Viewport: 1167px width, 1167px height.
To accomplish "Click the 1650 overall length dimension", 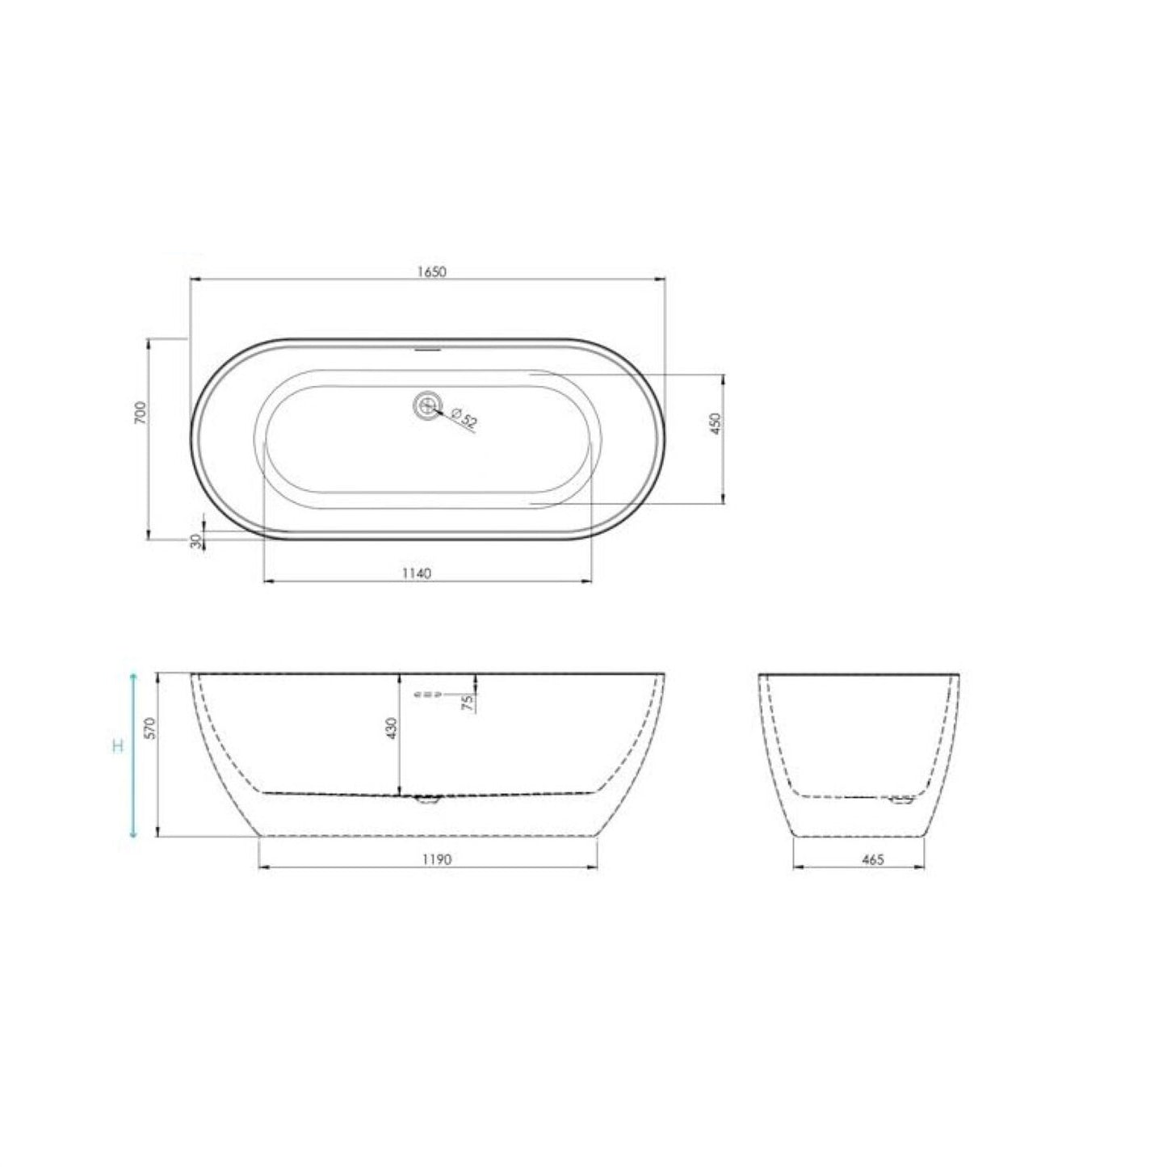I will click(432, 272).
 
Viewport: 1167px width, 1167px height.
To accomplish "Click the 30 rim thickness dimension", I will click(195, 540).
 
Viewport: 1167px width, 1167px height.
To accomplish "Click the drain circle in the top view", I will click(426, 404).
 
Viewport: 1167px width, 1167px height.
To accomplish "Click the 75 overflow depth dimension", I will click(467, 701).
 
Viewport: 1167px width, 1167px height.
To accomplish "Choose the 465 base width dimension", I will click(872, 860).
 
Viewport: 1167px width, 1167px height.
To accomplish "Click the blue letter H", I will click(118, 745).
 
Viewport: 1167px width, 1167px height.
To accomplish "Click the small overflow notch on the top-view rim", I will click(426, 350).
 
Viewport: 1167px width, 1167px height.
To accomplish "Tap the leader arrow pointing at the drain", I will click(439, 412).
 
